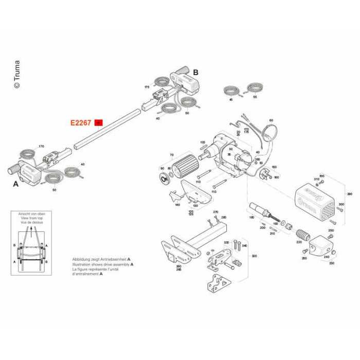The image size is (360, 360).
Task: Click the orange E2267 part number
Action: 81,123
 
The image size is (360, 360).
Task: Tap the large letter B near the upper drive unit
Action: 195,73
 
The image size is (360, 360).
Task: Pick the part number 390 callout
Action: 349,194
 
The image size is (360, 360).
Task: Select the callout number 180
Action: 251,218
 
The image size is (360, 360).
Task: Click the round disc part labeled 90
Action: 165,178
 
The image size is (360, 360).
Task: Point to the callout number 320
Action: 254,256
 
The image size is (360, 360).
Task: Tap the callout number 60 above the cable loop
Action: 271,120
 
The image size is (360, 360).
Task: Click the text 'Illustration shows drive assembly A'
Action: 103,264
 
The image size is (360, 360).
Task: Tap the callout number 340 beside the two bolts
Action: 244,246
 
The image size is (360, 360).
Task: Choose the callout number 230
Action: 331,263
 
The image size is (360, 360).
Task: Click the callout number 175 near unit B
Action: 147,87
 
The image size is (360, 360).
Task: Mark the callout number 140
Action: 177,205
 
